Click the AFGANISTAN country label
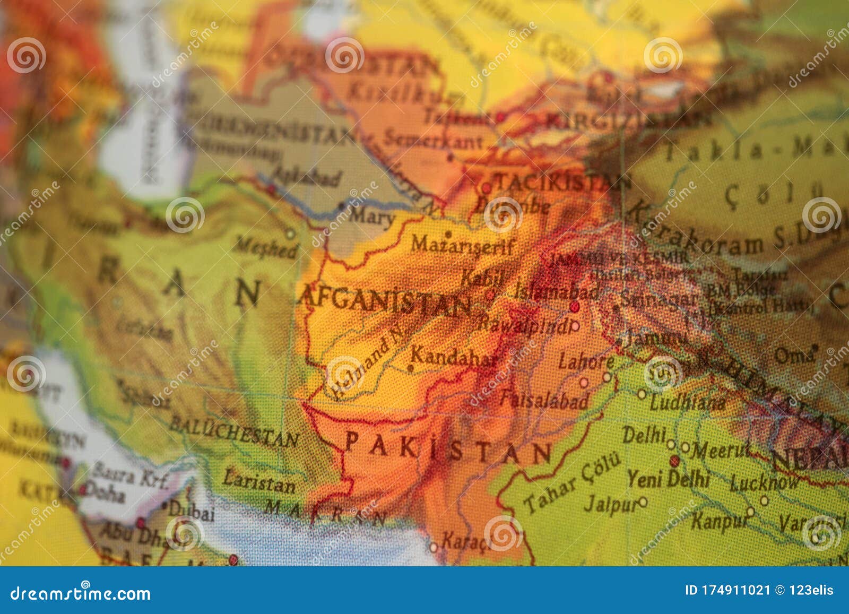point(385,300)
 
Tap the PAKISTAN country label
point(448,449)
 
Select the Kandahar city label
point(454,356)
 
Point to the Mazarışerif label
point(463,246)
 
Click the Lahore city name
point(586,362)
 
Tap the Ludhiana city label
point(687,402)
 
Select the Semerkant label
point(432,140)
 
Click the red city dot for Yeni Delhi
point(674,460)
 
